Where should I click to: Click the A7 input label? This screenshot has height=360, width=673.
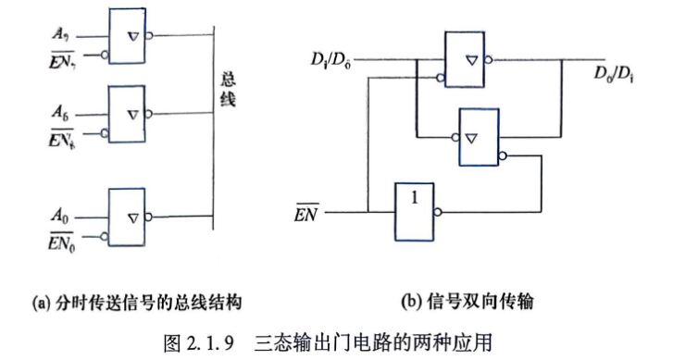(x=60, y=34)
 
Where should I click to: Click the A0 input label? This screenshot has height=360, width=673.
(x=60, y=216)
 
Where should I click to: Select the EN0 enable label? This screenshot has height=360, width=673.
(x=61, y=242)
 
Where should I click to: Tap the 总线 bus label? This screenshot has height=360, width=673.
(x=228, y=89)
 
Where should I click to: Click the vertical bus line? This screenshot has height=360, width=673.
(x=213, y=128)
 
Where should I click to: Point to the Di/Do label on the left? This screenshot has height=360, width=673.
(x=330, y=60)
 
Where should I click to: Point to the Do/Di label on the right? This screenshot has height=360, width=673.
(x=614, y=74)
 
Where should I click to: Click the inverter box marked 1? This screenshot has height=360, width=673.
(x=414, y=212)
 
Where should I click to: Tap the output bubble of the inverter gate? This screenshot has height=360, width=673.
(x=437, y=212)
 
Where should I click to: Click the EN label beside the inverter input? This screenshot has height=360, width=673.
(x=306, y=213)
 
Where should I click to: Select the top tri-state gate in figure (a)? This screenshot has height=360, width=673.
(x=127, y=36)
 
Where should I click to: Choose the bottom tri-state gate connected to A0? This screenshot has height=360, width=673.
(x=127, y=217)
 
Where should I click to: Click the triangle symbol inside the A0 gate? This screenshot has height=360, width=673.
(x=133, y=218)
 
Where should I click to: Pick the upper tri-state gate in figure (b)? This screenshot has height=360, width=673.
(x=465, y=59)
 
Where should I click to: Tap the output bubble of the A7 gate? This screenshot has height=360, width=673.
(x=149, y=35)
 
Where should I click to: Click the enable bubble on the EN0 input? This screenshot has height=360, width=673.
(x=105, y=236)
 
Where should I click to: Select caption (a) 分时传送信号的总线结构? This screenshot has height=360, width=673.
(x=137, y=303)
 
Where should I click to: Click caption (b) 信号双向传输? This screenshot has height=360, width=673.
(x=467, y=302)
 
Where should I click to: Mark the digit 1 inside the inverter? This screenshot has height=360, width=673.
(x=414, y=197)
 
